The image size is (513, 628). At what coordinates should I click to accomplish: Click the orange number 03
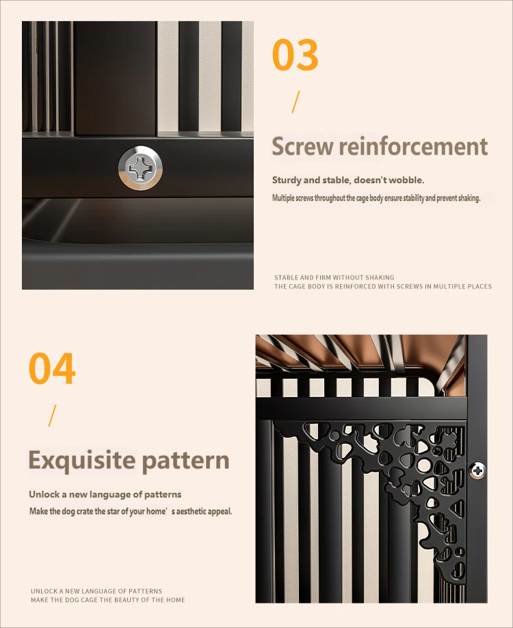click(x=295, y=55)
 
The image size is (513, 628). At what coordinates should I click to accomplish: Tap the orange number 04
click(x=52, y=368)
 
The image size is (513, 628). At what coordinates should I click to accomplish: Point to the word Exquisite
click(x=82, y=461)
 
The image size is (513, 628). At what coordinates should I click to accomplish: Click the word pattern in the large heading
click(x=185, y=461)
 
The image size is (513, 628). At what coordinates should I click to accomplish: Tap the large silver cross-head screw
click(x=140, y=168)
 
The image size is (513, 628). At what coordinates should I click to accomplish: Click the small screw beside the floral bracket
click(x=477, y=469)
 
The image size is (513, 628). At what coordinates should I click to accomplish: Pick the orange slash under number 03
click(x=295, y=102)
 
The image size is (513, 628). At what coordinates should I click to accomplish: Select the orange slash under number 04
click(x=52, y=415)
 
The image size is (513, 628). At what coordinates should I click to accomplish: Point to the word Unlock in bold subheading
click(x=44, y=494)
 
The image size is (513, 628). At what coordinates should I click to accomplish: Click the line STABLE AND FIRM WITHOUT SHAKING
click(x=334, y=277)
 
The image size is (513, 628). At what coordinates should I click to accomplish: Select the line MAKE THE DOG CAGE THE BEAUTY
click(x=108, y=600)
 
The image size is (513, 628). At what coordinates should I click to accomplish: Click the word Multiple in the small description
click(x=283, y=198)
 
